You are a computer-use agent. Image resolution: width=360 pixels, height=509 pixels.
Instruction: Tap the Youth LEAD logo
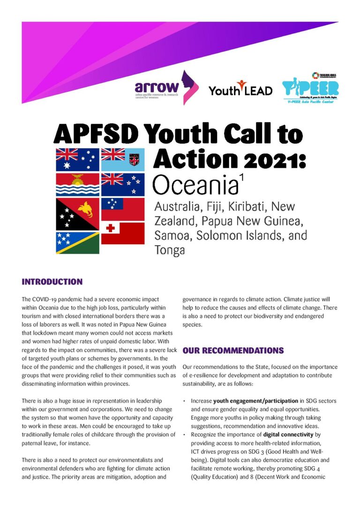240,89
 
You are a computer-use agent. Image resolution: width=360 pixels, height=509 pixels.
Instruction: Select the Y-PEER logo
310,88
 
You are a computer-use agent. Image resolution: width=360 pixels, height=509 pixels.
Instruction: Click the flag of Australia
77,159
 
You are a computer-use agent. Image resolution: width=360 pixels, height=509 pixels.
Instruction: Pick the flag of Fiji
123,159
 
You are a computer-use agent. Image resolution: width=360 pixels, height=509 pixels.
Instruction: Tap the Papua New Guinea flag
77,214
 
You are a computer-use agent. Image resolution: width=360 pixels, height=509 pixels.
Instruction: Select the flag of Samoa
123,209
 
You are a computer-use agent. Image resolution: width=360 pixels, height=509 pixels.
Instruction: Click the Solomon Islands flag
77,243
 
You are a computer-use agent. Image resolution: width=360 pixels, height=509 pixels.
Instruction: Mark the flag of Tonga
123,233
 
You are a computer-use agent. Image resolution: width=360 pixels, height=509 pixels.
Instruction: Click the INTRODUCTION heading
52,282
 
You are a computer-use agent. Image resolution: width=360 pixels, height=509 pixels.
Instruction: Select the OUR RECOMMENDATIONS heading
233,350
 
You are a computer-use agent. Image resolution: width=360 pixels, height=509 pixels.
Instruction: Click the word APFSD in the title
96,135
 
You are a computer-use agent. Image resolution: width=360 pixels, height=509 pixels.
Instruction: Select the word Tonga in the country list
170,250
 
